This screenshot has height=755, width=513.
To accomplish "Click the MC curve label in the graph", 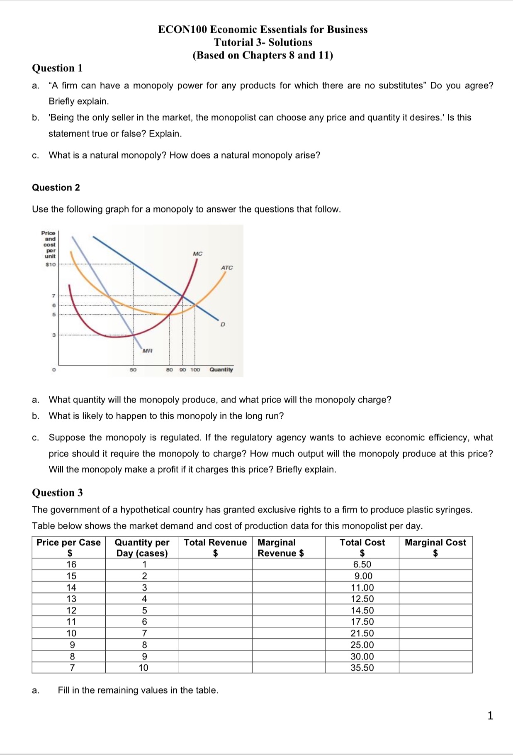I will click(x=198, y=254).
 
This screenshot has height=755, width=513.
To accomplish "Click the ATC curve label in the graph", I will click(x=227, y=268).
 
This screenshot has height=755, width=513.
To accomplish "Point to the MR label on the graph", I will click(x=147, y=351).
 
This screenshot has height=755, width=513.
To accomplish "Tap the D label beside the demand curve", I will click(x=223, y=324).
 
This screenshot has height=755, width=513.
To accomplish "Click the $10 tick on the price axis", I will click(x=50, y=264).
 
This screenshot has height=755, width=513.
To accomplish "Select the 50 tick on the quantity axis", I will click(x=133, y=369).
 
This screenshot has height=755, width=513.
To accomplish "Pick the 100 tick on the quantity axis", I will click(x=195, y=369).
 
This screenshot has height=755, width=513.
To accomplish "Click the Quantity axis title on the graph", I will click(x=221, y=369).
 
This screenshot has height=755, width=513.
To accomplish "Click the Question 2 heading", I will click(x=56, y=188).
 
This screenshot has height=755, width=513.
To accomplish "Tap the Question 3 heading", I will click(x=57, y=493).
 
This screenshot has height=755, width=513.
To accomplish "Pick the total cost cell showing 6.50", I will click(x=362, y=564).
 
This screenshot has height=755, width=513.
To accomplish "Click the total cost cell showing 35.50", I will click(x=362, y=668).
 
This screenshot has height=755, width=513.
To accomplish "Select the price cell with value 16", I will click(x=71, y=564).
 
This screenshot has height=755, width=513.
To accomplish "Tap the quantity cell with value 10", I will click(x=143, y=668).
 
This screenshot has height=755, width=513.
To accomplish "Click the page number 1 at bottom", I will click(x=490, y=716).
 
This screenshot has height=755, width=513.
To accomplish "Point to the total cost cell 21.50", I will click(x=362, y=633).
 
